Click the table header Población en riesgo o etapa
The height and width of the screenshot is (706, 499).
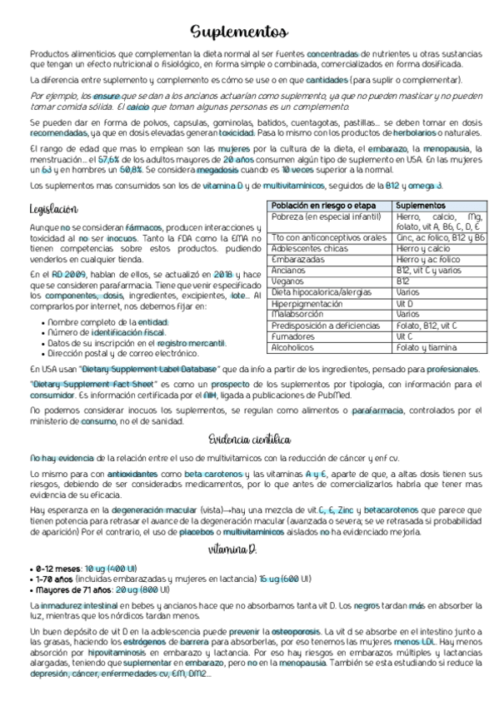point(325,205)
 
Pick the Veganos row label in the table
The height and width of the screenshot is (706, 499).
point(288,281)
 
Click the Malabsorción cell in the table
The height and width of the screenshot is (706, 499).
point(297,314)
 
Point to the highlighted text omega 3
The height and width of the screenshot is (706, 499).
point(426,185)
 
